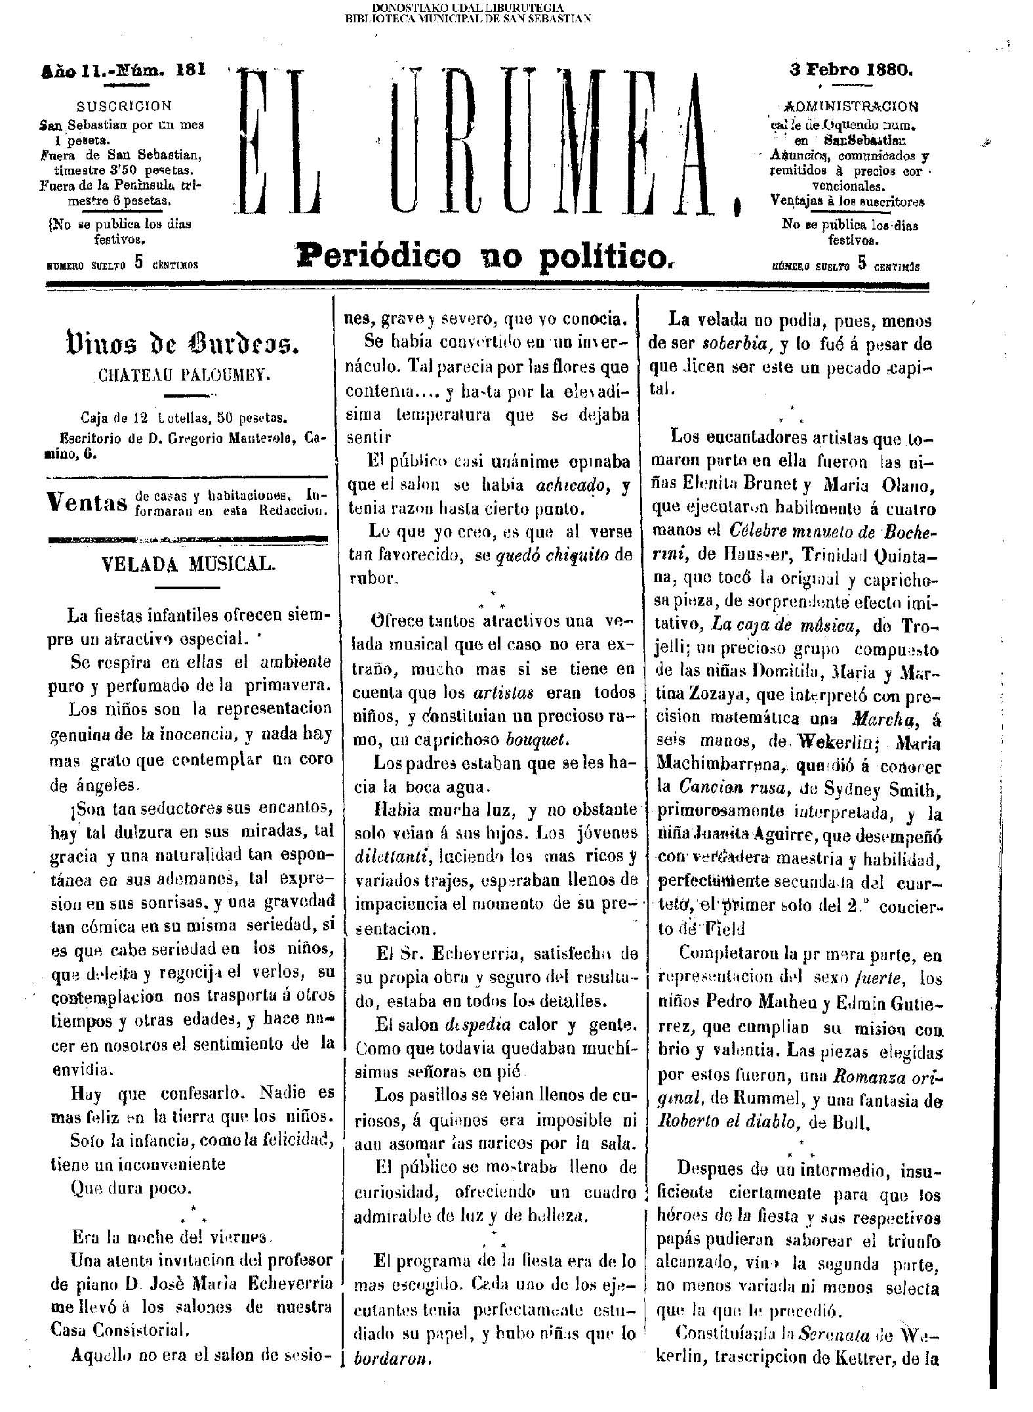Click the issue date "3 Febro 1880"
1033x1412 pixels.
pos(851,70)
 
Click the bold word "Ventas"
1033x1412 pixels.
pos(87,503)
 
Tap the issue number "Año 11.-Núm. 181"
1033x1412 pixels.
pos(123,70)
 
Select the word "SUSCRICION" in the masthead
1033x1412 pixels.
pos(124,106)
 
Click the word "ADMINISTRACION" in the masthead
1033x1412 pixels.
pos(851,106)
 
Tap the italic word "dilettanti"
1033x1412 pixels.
pos(390,857)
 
